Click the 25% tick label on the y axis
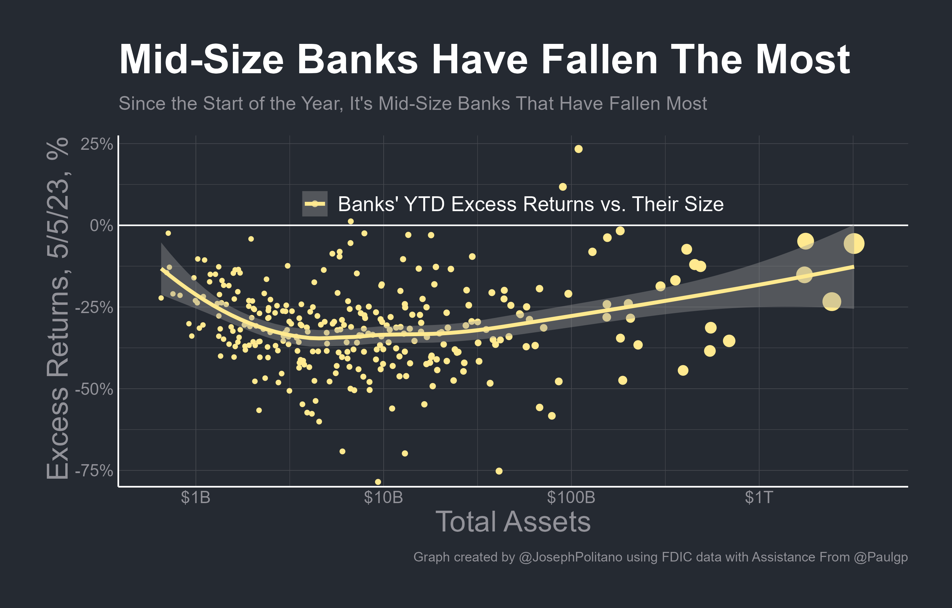(x=96, y=144)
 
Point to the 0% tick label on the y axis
(x=101, y=226)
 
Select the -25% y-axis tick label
(x=94, y=307)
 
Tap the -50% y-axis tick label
(x=94, y=389)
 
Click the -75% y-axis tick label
(x=94, y=471)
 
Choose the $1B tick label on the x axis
(x=195, y=497)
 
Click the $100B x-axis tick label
(x=571, y=497)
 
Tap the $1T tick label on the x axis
(x=759, y=497)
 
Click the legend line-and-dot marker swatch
(x=315, y=204)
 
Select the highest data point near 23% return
(x=578, y=149)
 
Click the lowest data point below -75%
(x=378, y=482)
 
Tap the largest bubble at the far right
(x=854, y=243)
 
